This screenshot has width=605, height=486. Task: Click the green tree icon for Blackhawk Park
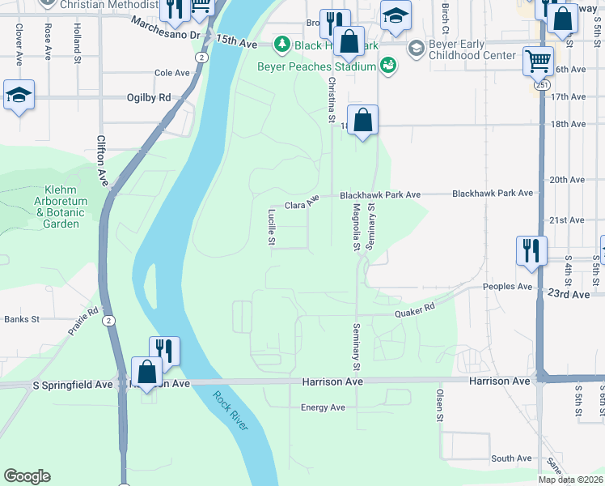pyautogui.click(x=282, y=43)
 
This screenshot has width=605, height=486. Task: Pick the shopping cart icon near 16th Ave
pyautogui.click(x=538, y=61)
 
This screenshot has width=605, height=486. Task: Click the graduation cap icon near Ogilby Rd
pyautogui.click(x=19, y=95)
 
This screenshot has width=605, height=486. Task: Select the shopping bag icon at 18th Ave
pyautogui.click(x=363, y=121)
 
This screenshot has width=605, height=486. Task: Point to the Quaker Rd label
pyautogui.click(x=415, y=310)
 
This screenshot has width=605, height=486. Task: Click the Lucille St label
pyautogui.click(x=273, y=228)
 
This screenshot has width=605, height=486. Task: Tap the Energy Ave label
pyautogui.click(x=323, y=407)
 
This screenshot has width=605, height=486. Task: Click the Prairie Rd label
pyautogui.click(x=83, y=321)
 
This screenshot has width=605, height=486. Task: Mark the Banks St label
pyautogui.click(x=22, y=319)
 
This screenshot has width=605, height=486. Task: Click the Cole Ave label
pyautogui.click(x=171, y=73)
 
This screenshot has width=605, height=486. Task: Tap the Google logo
pyautogui.click(x=27, y=476)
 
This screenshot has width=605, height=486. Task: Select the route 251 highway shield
pyautogui.click(x=541, y=85)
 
